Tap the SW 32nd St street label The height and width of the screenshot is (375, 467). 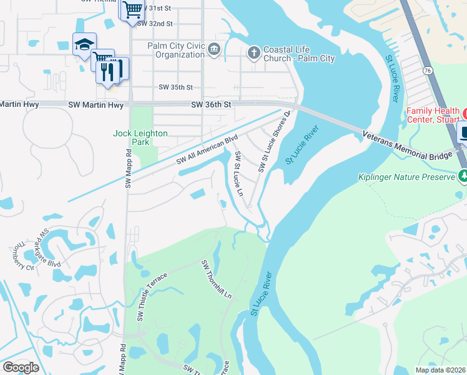pyautogui.click(x=154, y=23)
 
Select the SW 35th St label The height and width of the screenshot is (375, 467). pyautogui.click(x=175, y=87)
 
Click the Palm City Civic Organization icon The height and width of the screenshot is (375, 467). pyautogui.click(x=214, y=49)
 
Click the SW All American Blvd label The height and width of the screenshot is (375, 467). pyautogui.click(x=207, y=149)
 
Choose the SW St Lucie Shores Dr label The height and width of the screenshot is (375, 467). pyautogui.click(x=275, y=143)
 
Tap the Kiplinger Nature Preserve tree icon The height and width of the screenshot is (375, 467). pyautogui.click(x=463, y=177)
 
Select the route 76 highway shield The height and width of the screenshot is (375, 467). pyautogui.click(x=427, y=72)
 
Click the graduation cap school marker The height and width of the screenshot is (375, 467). pyautogui.click(x=84, y=44)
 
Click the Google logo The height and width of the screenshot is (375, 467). pyautogui.click(x=21, y=367)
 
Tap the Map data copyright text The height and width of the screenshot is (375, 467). pyautogui.click(x=440, y=369)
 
